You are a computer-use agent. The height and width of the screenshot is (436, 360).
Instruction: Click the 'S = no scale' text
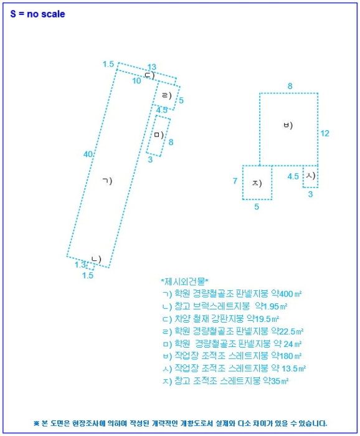click(37, 14)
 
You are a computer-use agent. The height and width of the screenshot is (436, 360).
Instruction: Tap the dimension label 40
click(88, 154)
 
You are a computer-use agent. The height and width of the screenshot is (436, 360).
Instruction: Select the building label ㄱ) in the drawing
click(107, 181)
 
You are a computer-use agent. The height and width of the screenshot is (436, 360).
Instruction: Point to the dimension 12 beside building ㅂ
click(324, 133)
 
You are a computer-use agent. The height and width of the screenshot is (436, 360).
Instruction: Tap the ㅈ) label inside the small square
click(257, 183)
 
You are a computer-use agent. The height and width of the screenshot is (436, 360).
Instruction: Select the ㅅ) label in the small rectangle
click(310, 176)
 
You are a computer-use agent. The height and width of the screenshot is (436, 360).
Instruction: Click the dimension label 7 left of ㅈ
click(235, 181)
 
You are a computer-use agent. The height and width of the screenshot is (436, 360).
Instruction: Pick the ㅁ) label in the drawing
click(158, 135)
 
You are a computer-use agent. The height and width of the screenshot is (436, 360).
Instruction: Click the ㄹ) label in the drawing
click(166, 96)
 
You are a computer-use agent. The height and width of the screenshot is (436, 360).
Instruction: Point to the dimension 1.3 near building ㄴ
click(80, 265)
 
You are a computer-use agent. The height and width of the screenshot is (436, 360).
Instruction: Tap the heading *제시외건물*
click(185, 282)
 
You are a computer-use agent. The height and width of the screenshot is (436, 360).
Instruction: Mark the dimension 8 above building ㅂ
click(290, 85)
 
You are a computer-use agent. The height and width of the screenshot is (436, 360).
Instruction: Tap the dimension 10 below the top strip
click(136, 80)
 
